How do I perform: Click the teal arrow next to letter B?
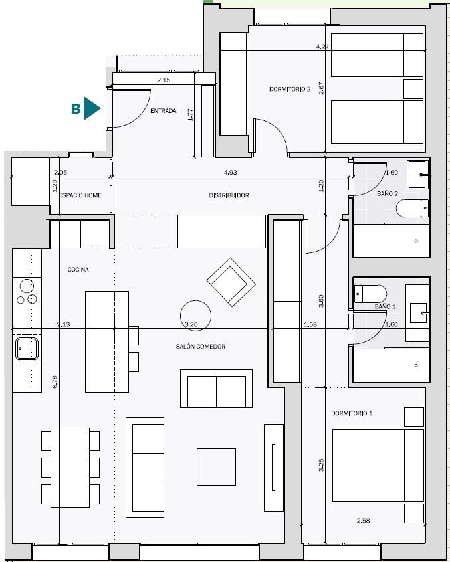[92, 108]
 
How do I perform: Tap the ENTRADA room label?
[163, 111]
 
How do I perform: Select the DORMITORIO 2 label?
[290, 89]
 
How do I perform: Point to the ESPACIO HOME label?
[80, 195]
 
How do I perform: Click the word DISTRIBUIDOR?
[229, 195]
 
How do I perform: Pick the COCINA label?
[78, 270]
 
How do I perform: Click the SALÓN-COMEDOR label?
[201, 347]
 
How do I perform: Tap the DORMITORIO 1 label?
[352, 413]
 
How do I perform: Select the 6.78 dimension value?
[55, 382]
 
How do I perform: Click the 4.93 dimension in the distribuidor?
[230, 173]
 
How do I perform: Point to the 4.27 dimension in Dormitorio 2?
[322, 47]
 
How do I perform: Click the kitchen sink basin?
[27, 349]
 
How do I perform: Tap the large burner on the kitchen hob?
[27, 286]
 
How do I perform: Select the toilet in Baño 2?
[412, 208]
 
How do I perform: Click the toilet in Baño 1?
[370, 294]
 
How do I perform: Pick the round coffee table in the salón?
[195, 316]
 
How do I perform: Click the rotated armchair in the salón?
[231, 282]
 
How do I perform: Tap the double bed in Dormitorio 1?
[378, 465]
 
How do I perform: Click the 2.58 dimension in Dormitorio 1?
[363, 520]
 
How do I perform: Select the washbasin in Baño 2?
[417, 175]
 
